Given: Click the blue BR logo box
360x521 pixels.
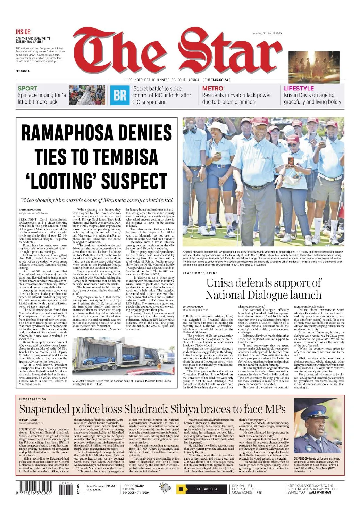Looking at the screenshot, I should (120, 95).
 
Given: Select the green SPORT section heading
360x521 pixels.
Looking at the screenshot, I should (27, 89).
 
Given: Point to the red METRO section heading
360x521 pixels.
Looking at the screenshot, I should (212, 89).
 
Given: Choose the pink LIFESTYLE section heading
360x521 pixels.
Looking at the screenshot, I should (299, 89).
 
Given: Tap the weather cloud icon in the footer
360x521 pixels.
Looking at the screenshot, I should (165, 488).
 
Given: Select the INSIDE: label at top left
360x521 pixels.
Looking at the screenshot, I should (24, 32).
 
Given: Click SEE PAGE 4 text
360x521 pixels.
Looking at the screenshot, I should (23, 71).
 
